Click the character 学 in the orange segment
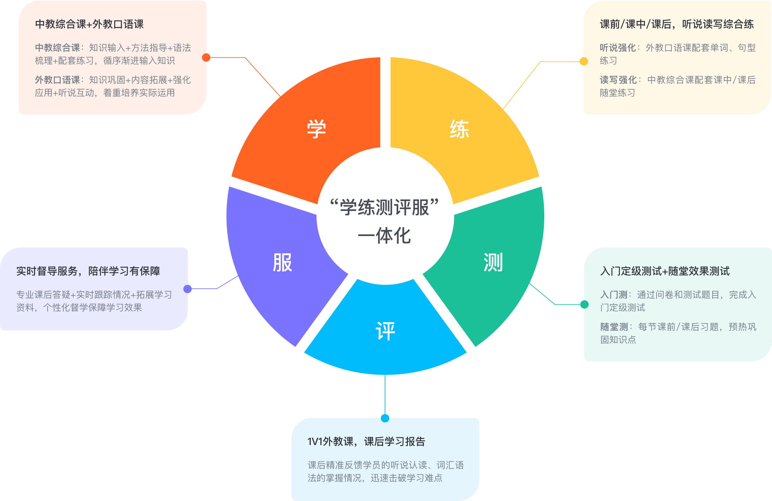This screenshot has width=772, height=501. (x=316, y=129)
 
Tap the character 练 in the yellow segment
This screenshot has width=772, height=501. (x=459, y=129)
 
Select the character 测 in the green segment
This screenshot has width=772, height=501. (x=493, y=262)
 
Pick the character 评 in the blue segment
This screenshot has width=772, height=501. (x=385, y=331)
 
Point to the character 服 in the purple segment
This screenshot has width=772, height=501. (x=282, y=262)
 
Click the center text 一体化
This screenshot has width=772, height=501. (x=384, y=236)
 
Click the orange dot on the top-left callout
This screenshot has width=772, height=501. (x=206, y=57)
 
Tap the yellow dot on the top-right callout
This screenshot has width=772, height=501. (x=584, y=61)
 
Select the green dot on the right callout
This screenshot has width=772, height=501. (x=584, y=304)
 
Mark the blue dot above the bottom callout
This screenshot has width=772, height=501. (x=385, y=418)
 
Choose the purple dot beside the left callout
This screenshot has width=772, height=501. (x=188, y=288)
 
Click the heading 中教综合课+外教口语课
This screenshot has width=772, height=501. (x=89, y=24)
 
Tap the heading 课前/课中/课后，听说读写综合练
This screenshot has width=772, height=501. (x=677, y=24)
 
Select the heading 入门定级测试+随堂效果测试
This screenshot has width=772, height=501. (x=665, y=271)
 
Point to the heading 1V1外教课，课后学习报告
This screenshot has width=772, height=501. (x=366, y=441)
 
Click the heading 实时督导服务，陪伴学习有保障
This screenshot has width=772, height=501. (x=88, y=271)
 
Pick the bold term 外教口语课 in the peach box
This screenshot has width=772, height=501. (x=57, y=80)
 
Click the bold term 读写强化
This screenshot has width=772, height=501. (x=618, y=80)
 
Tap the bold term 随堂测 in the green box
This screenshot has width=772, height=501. (x=614, y=326)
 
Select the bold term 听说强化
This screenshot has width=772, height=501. (x=618, y=48)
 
